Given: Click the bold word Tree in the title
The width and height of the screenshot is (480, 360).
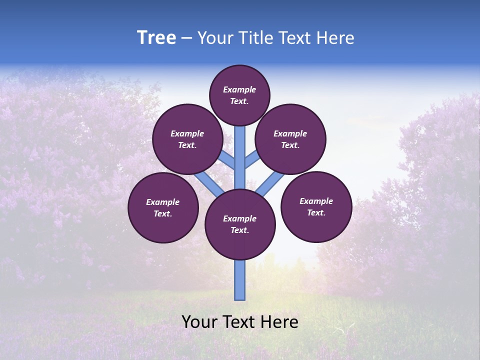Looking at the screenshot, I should [x=156, y=38].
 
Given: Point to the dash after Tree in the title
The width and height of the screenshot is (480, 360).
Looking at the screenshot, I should [x=186, y=38].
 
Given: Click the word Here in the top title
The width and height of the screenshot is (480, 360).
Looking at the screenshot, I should [x=336, y=38].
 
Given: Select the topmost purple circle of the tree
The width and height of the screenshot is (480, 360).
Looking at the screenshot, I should [x=239, y=95].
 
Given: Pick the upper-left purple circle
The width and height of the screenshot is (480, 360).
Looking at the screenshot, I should [x=187, y=139].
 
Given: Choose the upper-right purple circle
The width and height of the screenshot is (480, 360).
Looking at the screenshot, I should [x=290, y=139].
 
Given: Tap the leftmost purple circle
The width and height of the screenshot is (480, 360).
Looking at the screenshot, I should [x=163, y=207].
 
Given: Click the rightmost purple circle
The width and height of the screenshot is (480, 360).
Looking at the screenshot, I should [x=316, y=206].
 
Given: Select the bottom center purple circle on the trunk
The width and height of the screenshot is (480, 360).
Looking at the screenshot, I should [x=240, y=224].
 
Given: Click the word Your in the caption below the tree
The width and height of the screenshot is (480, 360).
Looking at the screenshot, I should [x=199, y=322].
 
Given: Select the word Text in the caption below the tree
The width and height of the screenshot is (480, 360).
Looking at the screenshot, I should [x=237, y=322].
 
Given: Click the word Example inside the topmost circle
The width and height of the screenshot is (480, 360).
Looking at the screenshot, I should [x=239, y=89].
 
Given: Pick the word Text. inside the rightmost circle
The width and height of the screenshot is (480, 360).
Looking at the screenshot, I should [x=316, y=212].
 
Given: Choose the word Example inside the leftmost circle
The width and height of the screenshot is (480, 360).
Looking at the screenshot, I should [x=163, y=202].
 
